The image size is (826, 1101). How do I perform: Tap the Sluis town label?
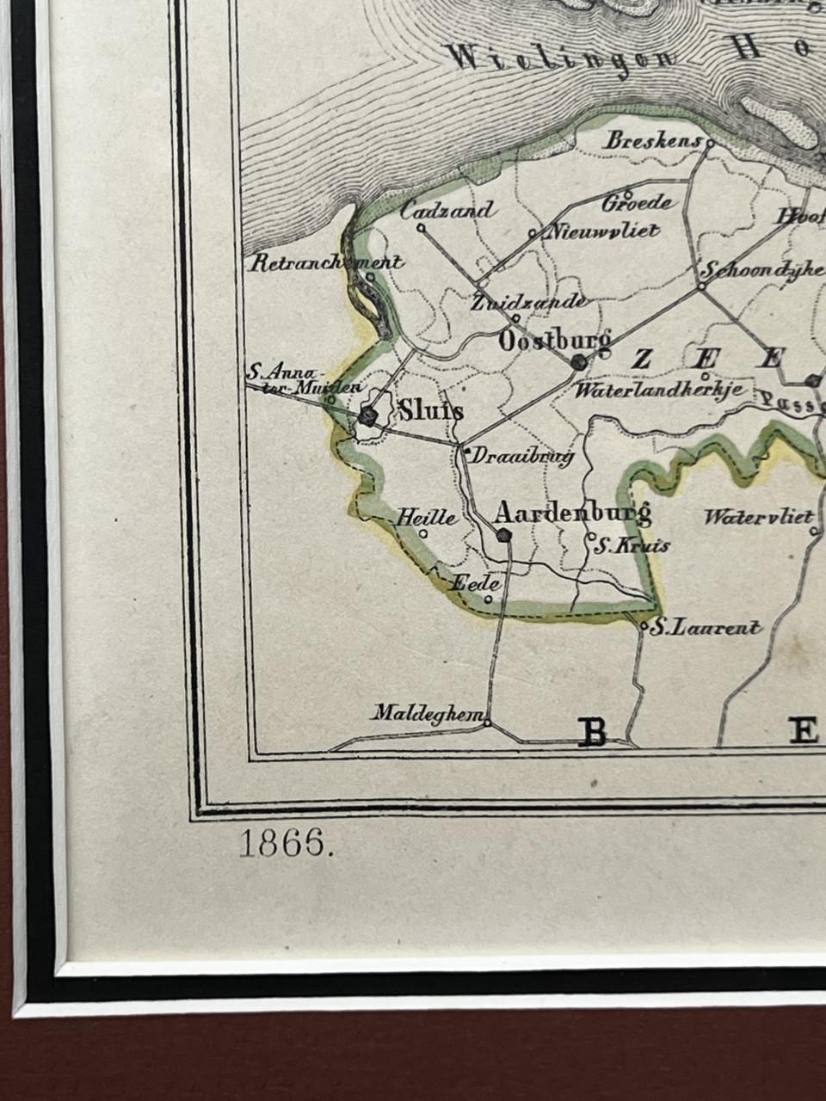pos(431,411)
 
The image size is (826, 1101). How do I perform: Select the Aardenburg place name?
pos(572,514)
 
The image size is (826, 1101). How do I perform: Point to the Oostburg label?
pos(555,341)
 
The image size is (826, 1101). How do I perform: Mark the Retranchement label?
pos(326,263)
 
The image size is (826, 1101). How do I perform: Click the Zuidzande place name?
pos(530,302)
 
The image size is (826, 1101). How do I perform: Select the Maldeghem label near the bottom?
pos(428,713)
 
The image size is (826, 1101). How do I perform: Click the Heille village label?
pos(426,517)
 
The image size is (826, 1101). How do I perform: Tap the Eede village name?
pos(477,583)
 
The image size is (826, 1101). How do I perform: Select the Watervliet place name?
pos(758,517)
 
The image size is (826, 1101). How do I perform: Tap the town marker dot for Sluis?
pos(369,415)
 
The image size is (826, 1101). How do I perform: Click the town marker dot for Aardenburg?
pos(504,535)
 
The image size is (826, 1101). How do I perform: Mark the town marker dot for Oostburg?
pos(579,362)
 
